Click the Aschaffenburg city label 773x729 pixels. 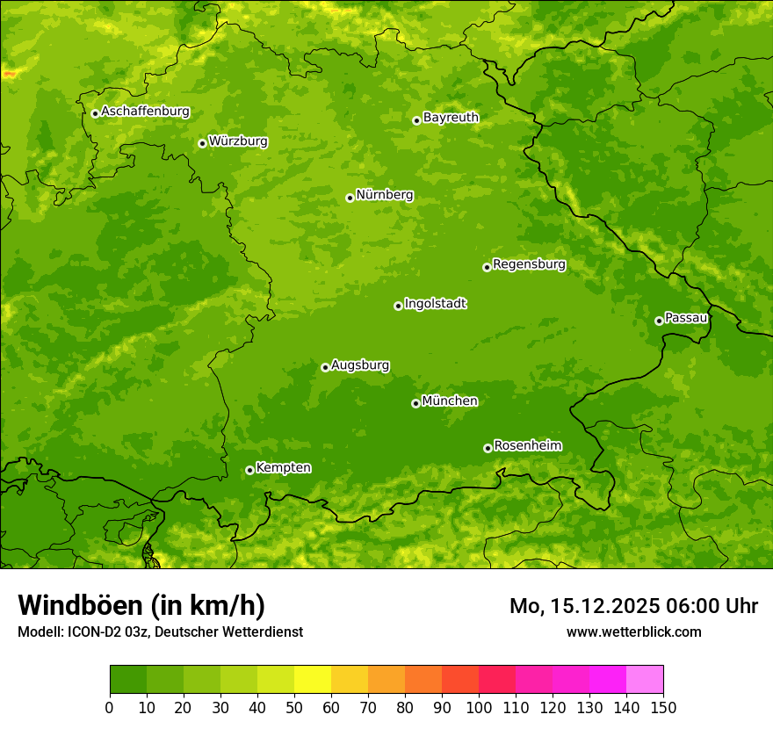click(x=145, y=112)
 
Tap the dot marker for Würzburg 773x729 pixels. click(x=202, y=143)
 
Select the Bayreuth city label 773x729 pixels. click(x=451, y=117)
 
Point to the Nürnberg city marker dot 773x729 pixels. click(x=350, y=198)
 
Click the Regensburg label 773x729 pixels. click(x=529, y=263)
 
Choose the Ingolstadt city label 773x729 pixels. click(x=435, y=303)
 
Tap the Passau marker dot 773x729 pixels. click(x=659, y=321)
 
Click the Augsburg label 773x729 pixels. click(x=360, y=364)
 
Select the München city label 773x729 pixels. click(x=450, y=401)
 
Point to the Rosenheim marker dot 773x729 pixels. click(x=488, y=448)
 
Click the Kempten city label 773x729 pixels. click(x=283, y=467)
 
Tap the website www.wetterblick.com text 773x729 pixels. click(x=633, y=632)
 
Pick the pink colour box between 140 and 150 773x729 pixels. click(x=645, y=680)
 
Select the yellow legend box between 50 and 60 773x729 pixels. click(x=313, y=680)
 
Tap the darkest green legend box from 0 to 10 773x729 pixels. click(x=128, y=680)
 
